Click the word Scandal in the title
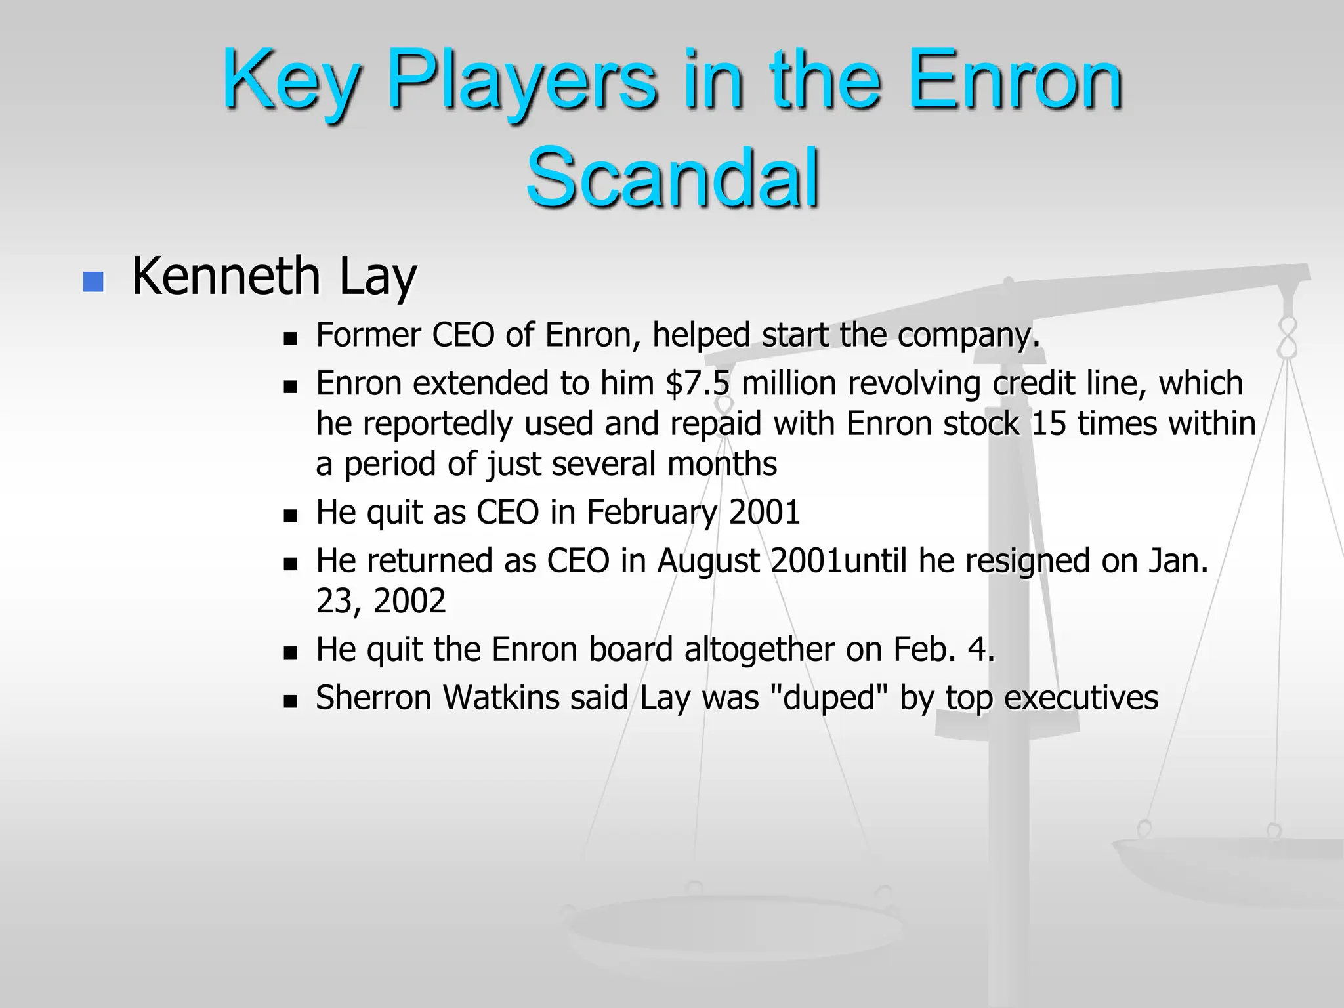point(673,178)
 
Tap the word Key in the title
point(291,82)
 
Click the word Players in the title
point(522,82)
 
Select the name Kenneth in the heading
point(226,276)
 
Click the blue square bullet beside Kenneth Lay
point(94,282)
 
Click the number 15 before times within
point(1049,424)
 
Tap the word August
point(708,562)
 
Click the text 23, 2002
point(381,601)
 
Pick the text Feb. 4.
point(944,650)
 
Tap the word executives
point(1081,698)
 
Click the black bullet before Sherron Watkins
point(290,702)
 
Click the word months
point(722,465)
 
